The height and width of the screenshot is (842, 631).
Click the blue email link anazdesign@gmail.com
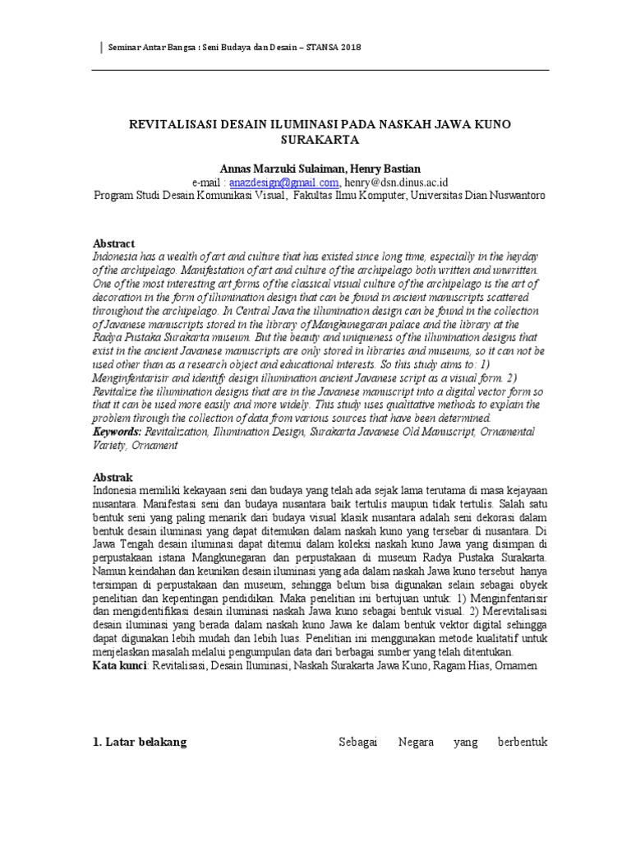click(273, 183)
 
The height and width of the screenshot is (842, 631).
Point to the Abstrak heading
click(113, 477)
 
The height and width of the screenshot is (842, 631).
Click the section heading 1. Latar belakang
click(140, 742)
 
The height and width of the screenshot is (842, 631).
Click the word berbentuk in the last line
click(523, 742)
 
